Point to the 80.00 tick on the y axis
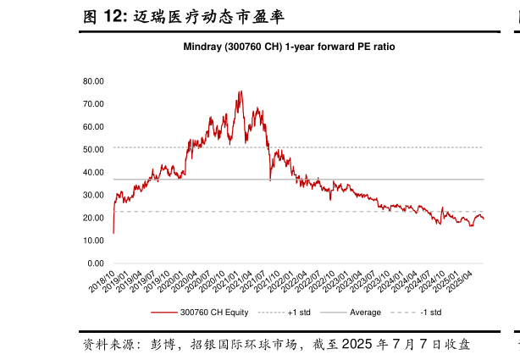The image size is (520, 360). click(93, 81)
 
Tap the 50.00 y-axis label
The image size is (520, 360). click(93, 150)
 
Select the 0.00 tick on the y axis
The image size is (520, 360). click(96, 263)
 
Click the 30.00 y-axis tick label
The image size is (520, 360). click(93, 196)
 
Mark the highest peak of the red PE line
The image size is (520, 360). click(241, 91)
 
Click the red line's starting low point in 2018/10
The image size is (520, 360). click(113, 232)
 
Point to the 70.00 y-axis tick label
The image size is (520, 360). click(93, 104)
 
